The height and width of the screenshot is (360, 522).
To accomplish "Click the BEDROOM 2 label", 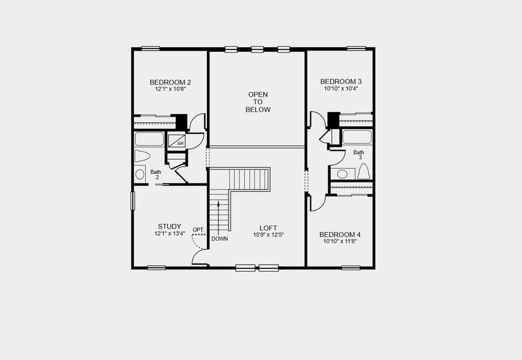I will click(x=170, y=82).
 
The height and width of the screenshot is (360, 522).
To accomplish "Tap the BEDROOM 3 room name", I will click(x=341, y=82).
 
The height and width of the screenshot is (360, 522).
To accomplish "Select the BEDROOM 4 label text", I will click(x=340, y=235).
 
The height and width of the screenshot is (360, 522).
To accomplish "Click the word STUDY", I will click(x=170, y=226).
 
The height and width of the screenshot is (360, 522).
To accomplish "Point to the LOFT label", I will click(x=268, y=227).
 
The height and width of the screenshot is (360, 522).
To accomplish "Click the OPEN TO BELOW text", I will click(x=258, y=102).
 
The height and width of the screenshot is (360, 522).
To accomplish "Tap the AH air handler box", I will click(x=178, y=142).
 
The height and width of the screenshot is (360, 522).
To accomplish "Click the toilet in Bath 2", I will click(x=142, y=157).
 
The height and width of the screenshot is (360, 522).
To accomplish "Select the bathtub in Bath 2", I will click(x=149, y=139).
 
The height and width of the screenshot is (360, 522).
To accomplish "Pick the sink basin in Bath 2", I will click(x=140, y=175).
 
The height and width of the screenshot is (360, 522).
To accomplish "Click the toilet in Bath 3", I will click(x=364, y=172).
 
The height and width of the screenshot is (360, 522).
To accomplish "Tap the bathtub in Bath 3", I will click(x=357, y=137).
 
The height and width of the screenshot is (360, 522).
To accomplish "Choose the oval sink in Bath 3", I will click(x=342, y=174).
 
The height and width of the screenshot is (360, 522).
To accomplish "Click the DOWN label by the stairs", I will click(x=220, y=238).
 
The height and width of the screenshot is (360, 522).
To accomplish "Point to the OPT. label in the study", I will click(x=198, y=230).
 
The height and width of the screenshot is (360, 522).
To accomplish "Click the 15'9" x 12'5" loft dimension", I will click(x=268, y=235).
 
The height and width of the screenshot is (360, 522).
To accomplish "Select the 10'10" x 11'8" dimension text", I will click(x=340, y=242).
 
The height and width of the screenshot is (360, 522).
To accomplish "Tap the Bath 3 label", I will click(x=358, y=156).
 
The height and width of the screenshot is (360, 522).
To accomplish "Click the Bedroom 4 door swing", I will click(x=317, y=203).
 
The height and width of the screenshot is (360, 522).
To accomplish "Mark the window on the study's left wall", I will click(x=133, y=200).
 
